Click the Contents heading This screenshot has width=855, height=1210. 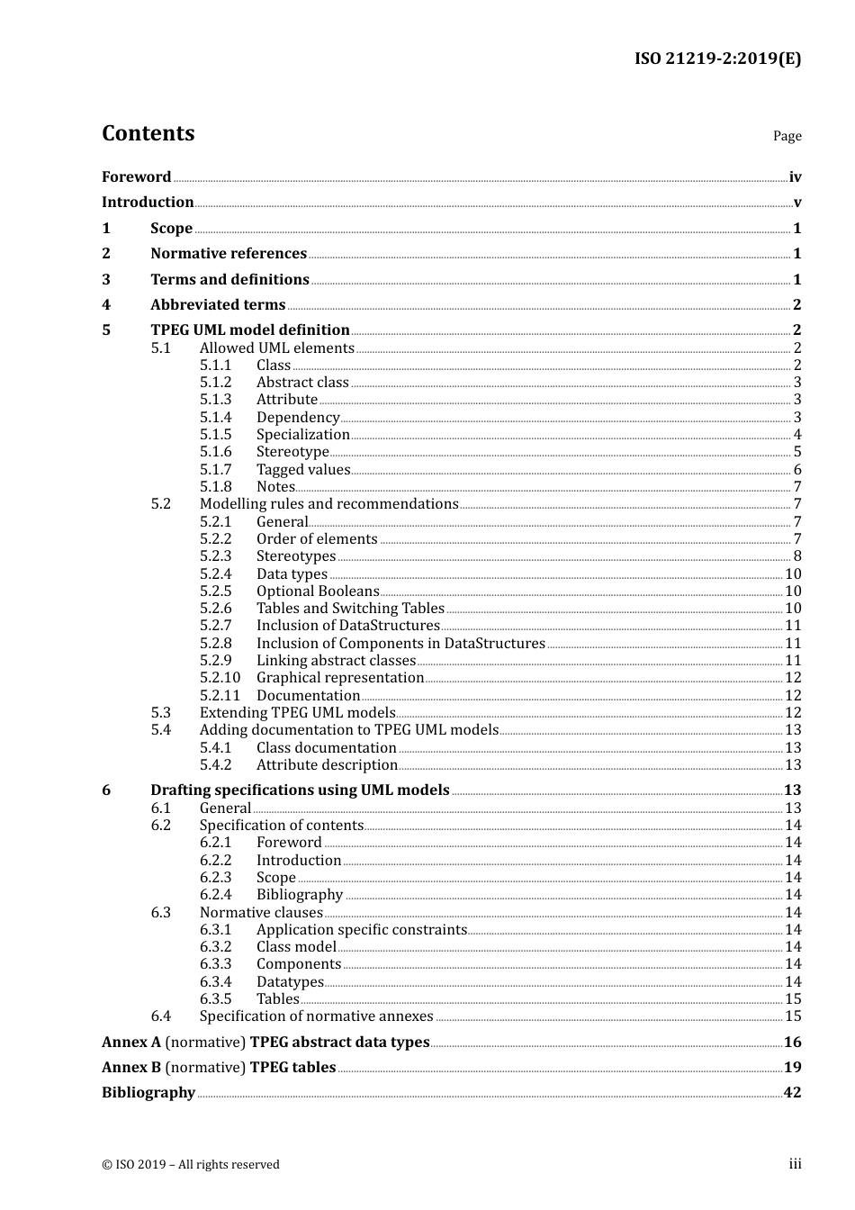[148, 133]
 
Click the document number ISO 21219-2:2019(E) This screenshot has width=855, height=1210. [717, 59]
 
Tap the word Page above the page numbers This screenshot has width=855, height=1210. [787, 136]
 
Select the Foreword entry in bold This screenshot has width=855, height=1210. [136, 177]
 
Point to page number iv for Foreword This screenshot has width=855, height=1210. [795, 177]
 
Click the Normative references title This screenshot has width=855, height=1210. [229, 254]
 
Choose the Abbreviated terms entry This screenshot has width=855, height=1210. [218, 305]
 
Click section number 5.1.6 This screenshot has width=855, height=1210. [216, 452]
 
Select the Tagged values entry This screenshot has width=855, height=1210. [303, 469]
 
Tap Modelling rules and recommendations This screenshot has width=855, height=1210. [328, 504]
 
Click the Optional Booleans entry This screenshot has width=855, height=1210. [318, 591]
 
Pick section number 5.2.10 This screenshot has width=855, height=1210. [220, 678]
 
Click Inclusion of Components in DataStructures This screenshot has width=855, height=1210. [400, 644]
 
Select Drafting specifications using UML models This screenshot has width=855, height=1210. [300, 790]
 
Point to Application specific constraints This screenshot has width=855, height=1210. [362, 930]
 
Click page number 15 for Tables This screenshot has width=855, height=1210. [793, 999]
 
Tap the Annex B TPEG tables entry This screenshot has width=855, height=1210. [219, 1068]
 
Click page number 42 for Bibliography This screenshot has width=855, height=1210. [792, 1093]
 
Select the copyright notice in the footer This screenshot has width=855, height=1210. [191, 1165]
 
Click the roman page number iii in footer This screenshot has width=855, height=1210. [795, 1164]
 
